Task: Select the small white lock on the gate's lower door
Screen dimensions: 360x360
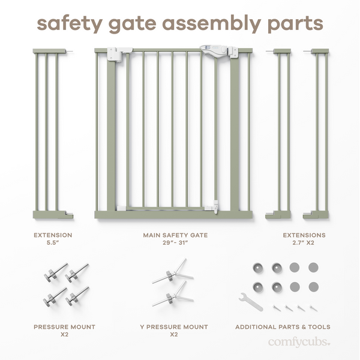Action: pos(212,208)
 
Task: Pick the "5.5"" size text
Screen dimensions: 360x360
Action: pos(52,244)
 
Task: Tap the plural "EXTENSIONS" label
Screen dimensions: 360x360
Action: pos(304,235)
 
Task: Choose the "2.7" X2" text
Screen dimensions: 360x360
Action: pos(304,244)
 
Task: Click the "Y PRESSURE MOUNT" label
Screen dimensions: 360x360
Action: pos(174,327)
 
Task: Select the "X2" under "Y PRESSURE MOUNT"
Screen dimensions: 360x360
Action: pos(174,335)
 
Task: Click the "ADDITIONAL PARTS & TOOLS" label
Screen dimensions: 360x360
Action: pos(283,327)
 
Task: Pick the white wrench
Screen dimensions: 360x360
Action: pos(250,301)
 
